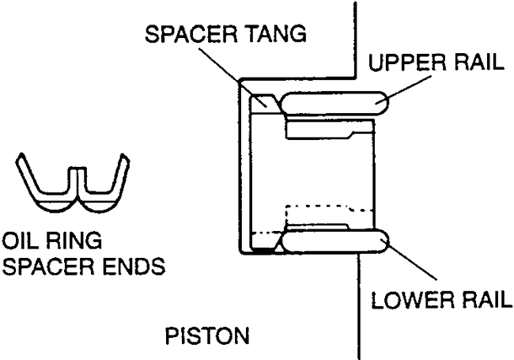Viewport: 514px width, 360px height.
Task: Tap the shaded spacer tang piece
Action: [x=263, y=102]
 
